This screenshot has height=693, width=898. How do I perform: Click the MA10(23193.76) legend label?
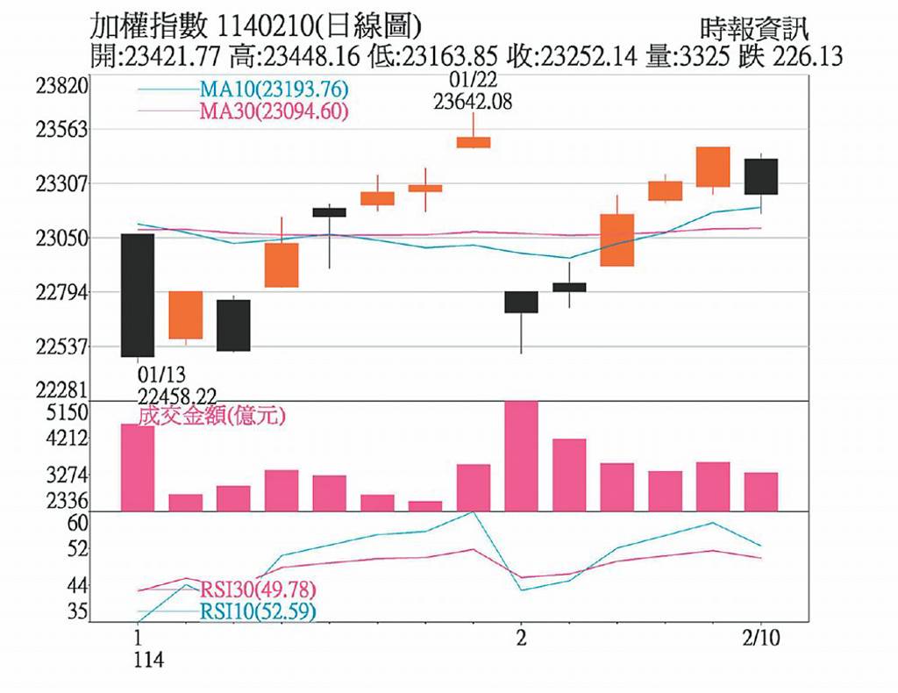(274, 89)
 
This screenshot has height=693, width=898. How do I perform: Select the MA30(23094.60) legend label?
(274, 111)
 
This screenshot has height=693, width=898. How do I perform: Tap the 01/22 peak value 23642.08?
(473, 102)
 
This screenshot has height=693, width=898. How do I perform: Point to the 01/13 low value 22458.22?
(177, 397)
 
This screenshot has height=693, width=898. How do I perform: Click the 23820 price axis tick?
(62, 86)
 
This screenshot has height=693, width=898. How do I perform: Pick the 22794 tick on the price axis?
(62, 293)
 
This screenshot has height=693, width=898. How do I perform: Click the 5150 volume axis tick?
(68, 412)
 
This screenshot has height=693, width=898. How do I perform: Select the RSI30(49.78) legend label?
(258, 589)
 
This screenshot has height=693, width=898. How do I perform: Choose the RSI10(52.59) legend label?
(258, 611)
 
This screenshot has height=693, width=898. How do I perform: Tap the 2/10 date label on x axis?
(761, 638)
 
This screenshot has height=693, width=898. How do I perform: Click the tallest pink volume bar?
(521, 456)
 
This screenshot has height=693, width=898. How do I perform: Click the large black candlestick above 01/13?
(138, 295)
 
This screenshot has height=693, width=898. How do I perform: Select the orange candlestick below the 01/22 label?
(473, 142)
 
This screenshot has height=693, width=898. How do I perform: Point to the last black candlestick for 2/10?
(761, 176)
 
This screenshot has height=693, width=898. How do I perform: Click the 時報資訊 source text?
(753, 27)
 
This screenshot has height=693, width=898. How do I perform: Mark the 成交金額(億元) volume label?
(211, 415)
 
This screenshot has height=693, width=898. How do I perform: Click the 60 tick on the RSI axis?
(77, 524)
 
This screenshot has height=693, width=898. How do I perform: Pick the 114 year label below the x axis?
(149, 660)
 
